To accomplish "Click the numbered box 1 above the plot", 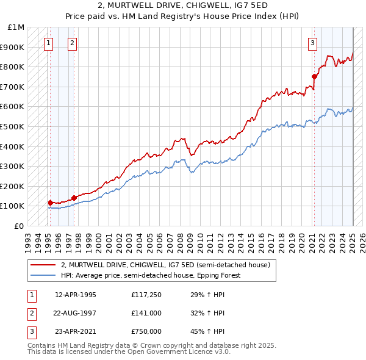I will point(48,43).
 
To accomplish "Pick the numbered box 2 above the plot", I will point(72,43).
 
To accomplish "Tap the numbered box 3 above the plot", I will point(312,43).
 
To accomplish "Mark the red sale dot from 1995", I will point(50,202).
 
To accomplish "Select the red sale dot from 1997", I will point(74,197).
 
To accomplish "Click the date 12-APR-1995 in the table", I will point(76,295).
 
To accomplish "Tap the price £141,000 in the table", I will point(146,313).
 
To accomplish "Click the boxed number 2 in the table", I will point(30,313).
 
